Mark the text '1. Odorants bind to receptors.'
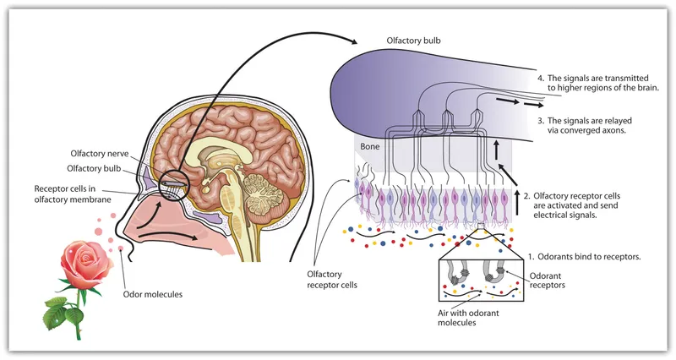pyautogui.click(x=589, y=254)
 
